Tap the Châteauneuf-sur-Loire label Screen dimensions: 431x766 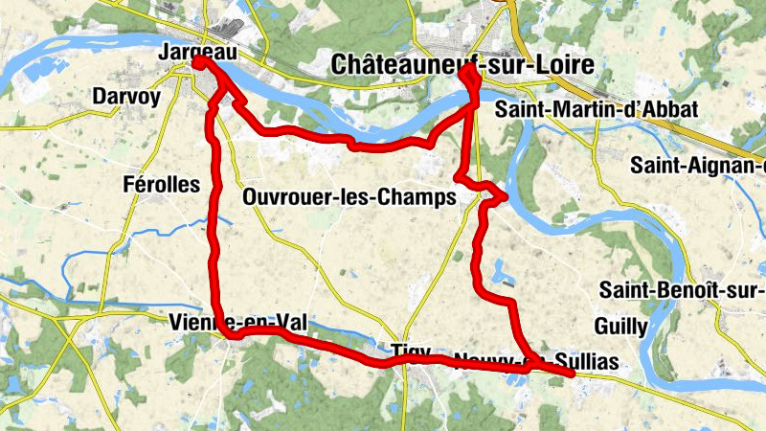(462, 65)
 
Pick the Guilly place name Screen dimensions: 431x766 (620, 327)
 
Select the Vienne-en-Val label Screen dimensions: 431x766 (237, 323)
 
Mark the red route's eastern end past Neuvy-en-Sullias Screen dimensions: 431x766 (571, 374)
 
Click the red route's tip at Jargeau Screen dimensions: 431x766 (198, 61)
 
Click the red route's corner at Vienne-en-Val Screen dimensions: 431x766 (223, 332)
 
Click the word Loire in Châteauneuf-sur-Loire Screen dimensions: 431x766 (560, 65)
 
